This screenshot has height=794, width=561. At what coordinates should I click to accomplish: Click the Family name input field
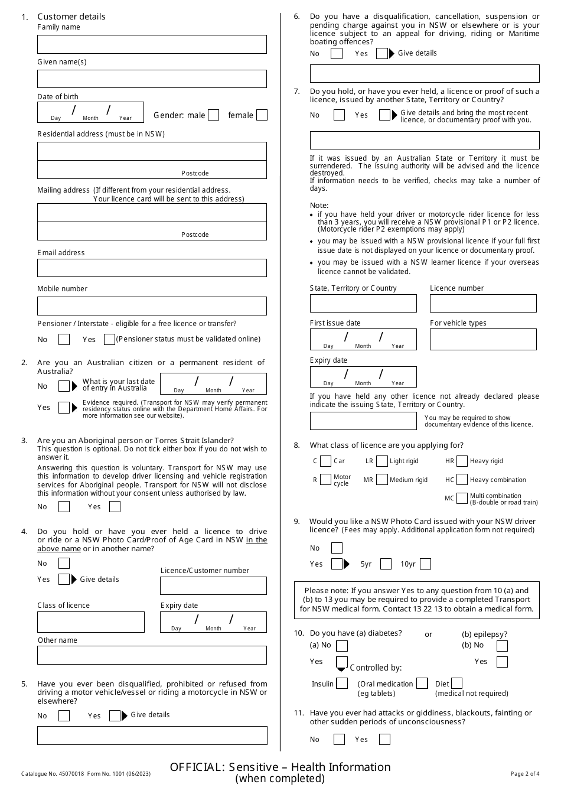click(152, 44)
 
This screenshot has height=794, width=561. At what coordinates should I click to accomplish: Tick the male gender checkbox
click(214, 115)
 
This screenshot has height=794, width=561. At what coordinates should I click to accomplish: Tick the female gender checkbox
click(262, 115)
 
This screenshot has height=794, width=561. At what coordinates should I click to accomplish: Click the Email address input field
click(152, 268)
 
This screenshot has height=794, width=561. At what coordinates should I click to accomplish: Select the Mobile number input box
click(152, 305)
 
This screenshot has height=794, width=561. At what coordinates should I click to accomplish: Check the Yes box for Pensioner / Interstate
click(109, 339)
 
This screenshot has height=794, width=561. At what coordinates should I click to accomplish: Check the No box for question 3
click(64, 507)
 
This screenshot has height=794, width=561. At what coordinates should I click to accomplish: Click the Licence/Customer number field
click(213, 585)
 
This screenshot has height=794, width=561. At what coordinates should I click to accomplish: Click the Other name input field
click(152, 655)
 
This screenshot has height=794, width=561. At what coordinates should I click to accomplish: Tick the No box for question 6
click(337, 54)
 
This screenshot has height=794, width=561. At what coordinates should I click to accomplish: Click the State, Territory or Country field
click(363, 303)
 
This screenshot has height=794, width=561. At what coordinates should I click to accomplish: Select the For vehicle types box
click(483, 339)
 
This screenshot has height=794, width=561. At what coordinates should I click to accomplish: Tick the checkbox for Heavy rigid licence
click(462, 461)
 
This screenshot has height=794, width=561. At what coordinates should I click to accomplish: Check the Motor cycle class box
click(325, 480)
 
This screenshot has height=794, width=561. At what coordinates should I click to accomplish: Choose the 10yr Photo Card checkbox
click(425, 564)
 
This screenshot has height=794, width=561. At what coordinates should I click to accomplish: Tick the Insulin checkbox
click(343, 684)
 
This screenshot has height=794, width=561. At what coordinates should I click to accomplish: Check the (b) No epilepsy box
click(502, 646)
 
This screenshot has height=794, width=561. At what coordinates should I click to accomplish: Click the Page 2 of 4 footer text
click(524, 773)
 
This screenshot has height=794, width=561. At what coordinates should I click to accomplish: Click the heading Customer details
click(71, 17)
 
